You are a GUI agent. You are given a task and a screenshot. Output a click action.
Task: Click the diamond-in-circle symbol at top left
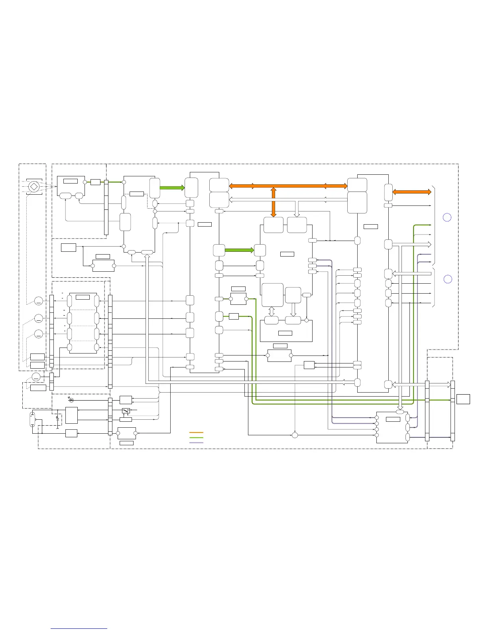(x=34, y=186)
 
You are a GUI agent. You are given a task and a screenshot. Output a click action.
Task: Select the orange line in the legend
(x=196, y=433)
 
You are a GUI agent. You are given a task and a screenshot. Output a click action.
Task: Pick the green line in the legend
(x=196, y=438)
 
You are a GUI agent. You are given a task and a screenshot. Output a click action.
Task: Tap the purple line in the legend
(x=196, y=442)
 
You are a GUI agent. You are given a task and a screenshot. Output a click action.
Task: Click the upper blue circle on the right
(x=447, y=217)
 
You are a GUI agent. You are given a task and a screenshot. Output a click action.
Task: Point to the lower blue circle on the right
(x=448, y=279)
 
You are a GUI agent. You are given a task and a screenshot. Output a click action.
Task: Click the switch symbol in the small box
(x=126, y=411)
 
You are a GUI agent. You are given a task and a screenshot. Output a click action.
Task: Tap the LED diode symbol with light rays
(x=71, y=400)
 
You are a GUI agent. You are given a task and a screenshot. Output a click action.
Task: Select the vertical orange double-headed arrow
(x=274, y=202)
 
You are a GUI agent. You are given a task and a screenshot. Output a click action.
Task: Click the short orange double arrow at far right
(x=412, y=192)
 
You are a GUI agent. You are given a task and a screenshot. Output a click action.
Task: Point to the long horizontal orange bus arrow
(x=288, y=186)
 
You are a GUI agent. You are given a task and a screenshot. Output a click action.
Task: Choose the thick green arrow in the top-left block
(x=172, y=188)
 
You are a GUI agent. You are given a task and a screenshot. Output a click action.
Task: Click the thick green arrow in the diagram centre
(x=240, y=250)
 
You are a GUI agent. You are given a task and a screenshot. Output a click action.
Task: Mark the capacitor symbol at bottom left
(x=58, y=420)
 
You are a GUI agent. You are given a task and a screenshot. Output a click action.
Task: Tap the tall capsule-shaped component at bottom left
(x=32, y=420)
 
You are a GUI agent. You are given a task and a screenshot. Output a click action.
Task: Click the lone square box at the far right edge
(x=463, y=399)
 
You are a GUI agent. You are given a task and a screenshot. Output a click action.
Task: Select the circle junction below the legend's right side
(x=295, y=435)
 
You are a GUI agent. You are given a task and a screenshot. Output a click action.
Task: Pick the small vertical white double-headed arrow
(x=272, y=311)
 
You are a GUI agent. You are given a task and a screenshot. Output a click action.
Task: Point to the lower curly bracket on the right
(x=434, y=288)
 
